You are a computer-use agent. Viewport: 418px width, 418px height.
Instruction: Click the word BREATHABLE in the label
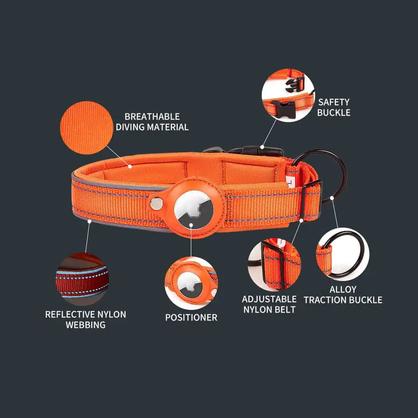[152, 116]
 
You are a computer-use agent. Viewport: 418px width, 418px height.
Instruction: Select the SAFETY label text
[334, 102]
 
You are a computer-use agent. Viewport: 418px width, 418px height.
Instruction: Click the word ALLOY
[343, 289]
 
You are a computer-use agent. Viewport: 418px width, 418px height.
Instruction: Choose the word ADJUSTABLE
[269, 299]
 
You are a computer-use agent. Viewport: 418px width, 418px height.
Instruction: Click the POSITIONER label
[191, 317]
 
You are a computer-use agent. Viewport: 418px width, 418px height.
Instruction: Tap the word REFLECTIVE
[70, 315]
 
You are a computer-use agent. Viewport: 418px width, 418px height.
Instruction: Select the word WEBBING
[86, 325]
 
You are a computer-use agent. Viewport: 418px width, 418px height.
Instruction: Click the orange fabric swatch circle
[87, 128]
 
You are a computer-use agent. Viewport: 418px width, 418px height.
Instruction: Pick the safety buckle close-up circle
[288, 95]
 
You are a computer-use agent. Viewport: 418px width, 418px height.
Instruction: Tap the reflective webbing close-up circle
[82, 279]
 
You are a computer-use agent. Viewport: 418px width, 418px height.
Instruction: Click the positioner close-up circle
[191, 283]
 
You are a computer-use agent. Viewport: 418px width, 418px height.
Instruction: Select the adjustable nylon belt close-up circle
[274, 264]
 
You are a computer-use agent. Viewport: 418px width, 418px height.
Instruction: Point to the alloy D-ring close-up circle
[343, 254]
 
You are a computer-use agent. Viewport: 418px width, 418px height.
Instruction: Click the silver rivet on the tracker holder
[157, 204]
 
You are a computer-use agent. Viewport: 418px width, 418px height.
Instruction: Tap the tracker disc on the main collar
[194, 210]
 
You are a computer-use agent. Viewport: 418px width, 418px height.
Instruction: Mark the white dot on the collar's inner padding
[130, 167]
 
